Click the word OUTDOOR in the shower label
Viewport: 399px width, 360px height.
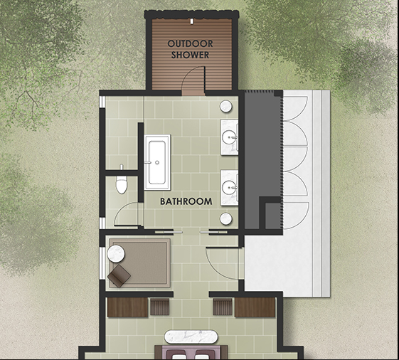pyautogui.click(x=190, y=44)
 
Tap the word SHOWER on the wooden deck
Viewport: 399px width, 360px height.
pyautogui.click(x=190, y=55)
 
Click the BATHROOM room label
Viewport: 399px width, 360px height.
pyautogui.click(x=186, y=201)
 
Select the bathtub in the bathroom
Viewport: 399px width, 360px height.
pyautogui.click(x=157, y=162)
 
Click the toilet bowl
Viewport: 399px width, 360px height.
pyautogui.click(x=122, y=184)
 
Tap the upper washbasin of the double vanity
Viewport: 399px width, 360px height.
pyautogui.click(x=229, y=137)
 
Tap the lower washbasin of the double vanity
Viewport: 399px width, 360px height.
pyautogui.click(x=229, y=188)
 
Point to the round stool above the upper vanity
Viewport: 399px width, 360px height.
pyautogui.click(x=225, y=106)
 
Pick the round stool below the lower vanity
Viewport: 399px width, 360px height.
pyautogui.click(x=225, y=219)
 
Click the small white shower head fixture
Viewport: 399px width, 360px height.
pyautogui.click(x=191, y=21)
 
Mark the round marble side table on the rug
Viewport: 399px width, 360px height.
pyautogui.click(x=116, y=253)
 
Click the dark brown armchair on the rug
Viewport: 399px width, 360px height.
pyautogui.click(x=119, y=276)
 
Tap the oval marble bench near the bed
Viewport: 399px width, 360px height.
pyautogui.click(x=191, y=337)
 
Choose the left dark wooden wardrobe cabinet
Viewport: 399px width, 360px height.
pyautogui.click(x=127, y=307)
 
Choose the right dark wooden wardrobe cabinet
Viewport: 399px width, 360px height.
pyautogui.click(x=255, y=307)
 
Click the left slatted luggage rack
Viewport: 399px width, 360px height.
pyautogui.click(x=160, y=307)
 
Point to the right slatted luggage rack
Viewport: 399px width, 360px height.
pyautogui.click(x=223, y=307)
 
